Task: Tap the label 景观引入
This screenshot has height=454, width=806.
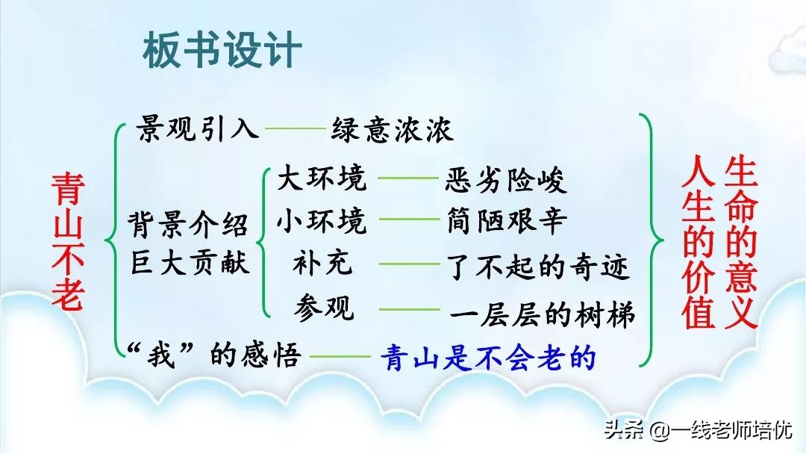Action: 198,129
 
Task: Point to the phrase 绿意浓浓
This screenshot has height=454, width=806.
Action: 392,131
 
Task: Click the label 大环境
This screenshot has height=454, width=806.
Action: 322,178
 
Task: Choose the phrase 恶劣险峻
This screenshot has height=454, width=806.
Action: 506,180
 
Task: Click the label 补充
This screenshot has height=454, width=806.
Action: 323,264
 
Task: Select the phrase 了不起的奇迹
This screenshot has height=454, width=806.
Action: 538,266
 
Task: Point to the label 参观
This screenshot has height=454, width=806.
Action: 323,307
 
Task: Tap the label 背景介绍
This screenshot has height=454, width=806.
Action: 188,224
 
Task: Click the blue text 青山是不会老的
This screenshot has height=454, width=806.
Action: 488,359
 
